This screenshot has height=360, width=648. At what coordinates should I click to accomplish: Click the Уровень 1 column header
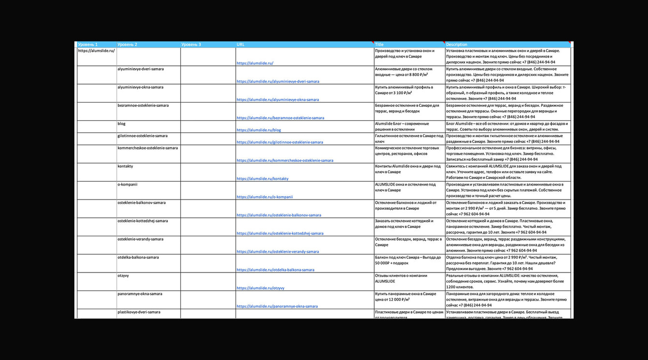coord(88,44)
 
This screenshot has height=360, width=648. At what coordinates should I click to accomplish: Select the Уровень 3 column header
coord(191,44)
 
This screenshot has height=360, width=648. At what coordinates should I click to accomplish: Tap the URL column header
coord(240,44)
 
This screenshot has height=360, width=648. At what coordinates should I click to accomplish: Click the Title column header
coord(379,44)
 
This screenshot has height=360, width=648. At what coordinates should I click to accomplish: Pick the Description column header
coord(457,44)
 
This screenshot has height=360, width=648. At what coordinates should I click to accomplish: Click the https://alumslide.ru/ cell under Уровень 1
coord(96,51)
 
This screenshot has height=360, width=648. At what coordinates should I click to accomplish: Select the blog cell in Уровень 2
coord(121,124)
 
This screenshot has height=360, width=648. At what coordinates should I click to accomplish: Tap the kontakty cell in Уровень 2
coord(125,166)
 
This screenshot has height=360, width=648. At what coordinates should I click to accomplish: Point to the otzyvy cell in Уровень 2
coord(123,276)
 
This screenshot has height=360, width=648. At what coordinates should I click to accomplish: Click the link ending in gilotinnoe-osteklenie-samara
coord(280,143)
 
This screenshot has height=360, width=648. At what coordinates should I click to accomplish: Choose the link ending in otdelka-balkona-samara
coord(276,270)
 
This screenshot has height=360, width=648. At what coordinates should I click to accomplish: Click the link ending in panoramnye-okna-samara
coord(277,306)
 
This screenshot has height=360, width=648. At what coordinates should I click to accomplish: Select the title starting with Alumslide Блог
coord(402,127)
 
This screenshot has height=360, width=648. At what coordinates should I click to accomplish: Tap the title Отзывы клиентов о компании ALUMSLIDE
coord(401,278)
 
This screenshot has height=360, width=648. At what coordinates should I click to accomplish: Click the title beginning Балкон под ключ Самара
coord(408,260)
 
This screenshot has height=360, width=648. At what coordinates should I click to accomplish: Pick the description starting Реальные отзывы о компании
coord(505,281)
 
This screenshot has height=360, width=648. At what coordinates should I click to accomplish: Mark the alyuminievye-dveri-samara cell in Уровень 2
coord(141,69)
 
